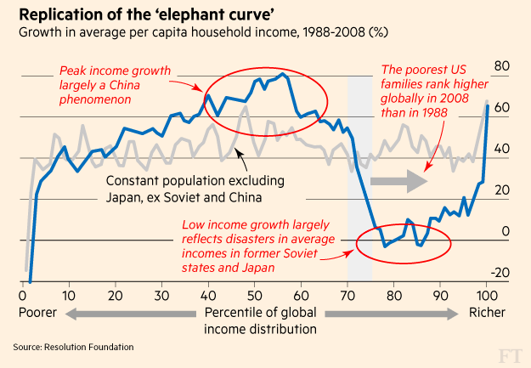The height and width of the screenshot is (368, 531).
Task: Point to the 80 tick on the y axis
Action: click(x=500, y=66)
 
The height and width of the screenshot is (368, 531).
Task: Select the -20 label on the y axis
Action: click(x=500, y=272)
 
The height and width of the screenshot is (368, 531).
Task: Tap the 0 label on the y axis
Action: click(x=505, y=230)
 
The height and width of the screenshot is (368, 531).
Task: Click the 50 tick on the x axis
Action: click(x=253, y=296)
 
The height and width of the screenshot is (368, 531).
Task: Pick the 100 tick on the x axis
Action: click(x=485, y=296)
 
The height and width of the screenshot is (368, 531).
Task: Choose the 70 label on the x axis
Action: click(x=346, y=296)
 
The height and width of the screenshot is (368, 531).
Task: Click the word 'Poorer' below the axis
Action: click(x=37, y=312)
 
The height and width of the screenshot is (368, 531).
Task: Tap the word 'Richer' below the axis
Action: click(x=488, y=312)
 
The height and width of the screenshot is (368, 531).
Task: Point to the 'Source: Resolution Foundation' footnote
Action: click(x=73, y=347)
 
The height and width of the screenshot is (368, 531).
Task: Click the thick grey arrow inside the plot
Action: click(x=400, y=180)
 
